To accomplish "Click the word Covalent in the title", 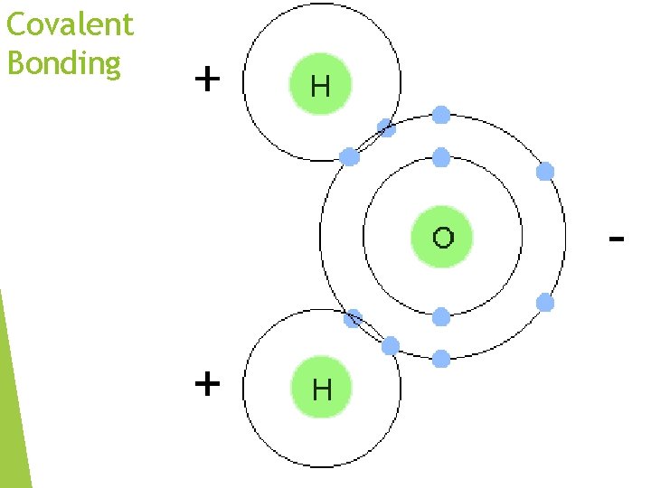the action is click(70, 24).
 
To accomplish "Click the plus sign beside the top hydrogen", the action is click(207, 80).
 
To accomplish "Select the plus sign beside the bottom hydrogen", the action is click(207, 384).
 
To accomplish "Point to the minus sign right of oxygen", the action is click(617, 239).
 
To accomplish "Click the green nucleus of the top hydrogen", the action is click(320, 86).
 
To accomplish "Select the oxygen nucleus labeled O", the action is click(442, 238).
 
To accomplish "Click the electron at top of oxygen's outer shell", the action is click(440, 115).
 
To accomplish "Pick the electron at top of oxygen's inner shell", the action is click(440, 158).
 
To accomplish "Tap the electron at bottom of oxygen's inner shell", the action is click(440, 316).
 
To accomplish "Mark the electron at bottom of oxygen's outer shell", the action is click(440, 359).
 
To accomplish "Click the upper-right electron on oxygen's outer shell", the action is click(544, 172).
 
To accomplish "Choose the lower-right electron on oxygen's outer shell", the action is click(544, 303).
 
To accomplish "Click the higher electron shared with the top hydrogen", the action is click(386, 128).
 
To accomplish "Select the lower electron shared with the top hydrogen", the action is click(350, 157).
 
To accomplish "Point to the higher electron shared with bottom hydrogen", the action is click(354, 318).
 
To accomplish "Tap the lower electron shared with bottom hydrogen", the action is click(391, 345).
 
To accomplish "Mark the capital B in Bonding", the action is click(15, 63).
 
